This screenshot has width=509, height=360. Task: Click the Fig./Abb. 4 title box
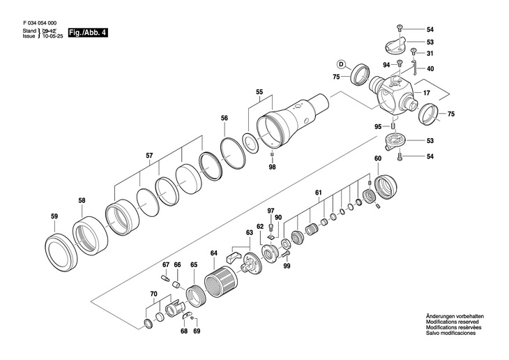click(88, 33)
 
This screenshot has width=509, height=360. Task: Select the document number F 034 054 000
click(40, 23)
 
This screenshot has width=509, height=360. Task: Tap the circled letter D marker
click(341, 64)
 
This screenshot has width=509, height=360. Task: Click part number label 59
click(54, 216)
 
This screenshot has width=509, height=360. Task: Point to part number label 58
click(82, 201)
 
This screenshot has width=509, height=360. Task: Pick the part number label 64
click(213, 253)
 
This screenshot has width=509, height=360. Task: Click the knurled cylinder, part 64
click(221, 282)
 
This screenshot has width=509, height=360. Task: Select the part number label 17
click(427, 93)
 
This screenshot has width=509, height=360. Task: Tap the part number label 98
click(272, 167)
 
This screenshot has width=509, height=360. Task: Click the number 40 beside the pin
click(430, 69)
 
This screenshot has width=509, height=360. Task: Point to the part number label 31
click(430, 54)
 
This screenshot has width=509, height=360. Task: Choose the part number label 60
click(378, 158)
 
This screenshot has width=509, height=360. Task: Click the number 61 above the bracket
click(319, 193)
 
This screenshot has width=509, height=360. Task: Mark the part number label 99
click(287, 267)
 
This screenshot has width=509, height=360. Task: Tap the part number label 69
click(197, 331)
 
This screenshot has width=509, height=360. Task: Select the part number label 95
click(378, 127)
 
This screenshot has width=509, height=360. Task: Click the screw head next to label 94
click(400, 62)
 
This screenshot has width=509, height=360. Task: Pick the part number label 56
click(225, 119)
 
